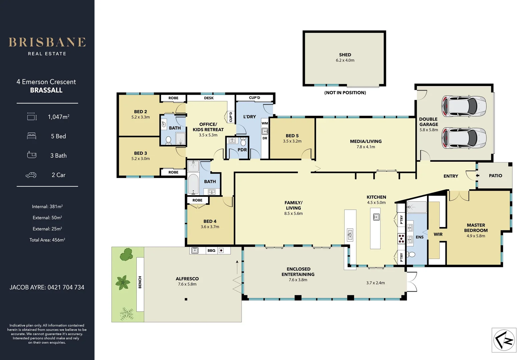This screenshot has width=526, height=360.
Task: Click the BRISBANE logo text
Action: (47, 42)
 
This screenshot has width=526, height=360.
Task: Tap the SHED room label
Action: (345, 55)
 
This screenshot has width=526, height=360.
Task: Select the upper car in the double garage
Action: (464, 106)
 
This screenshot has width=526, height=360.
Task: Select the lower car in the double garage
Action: (464, 138)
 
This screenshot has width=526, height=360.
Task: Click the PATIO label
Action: (495, 176)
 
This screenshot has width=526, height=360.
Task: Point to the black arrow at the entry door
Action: (477, 176)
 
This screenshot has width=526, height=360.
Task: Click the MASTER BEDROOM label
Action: (476, 228)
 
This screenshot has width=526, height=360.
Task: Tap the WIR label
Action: (438, 234)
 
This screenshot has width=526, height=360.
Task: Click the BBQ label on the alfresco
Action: (211, 250)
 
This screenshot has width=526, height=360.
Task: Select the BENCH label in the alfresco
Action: (140, 282)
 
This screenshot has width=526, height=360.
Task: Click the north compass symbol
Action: (504, 340)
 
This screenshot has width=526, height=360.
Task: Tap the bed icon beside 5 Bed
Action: (32, 136)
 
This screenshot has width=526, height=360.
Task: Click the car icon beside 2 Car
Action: (31, 175)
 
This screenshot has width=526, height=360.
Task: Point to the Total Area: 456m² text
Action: (47, 240)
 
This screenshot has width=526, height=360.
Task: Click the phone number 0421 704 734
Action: (66, 287)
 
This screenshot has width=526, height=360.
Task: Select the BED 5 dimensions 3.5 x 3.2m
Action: (292, 141)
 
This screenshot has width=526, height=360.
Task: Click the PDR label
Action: (242, 150)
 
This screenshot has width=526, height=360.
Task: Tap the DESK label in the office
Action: (209, 98)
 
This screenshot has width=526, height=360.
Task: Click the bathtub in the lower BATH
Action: (193, 184)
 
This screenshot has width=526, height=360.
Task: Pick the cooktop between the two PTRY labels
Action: (401, 238)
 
